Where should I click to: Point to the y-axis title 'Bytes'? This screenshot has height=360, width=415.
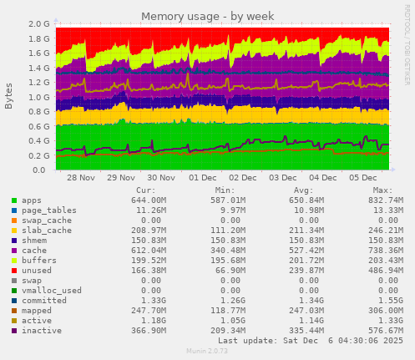pyautogui.click(x=8, y=95)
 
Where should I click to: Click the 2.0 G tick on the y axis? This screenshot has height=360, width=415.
pyautogui.click(x=38, y=25)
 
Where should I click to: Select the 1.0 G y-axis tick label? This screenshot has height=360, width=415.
pyautogui.click(x=38, y=98)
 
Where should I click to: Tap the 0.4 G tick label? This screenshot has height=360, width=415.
pyautogui.click(x=38, y=141)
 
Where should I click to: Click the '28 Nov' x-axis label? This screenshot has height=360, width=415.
pyautogui.click(x=81, y=179)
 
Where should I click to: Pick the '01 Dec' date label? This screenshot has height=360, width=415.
pyautogui.click(x=202, y=179)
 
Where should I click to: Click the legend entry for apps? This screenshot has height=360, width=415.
pyautogui.click(x=33, y=200)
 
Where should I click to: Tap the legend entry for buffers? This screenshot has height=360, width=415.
pyautogui.click(x=38, y=261)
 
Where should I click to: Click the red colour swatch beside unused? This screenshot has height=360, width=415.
pyautogui.click(x=13, y=271)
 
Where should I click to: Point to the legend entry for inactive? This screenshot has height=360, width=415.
pyautogui.click(x=40, y=331)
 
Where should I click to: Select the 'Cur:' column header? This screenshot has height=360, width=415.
pyautogui.click(x=144, y=190)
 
